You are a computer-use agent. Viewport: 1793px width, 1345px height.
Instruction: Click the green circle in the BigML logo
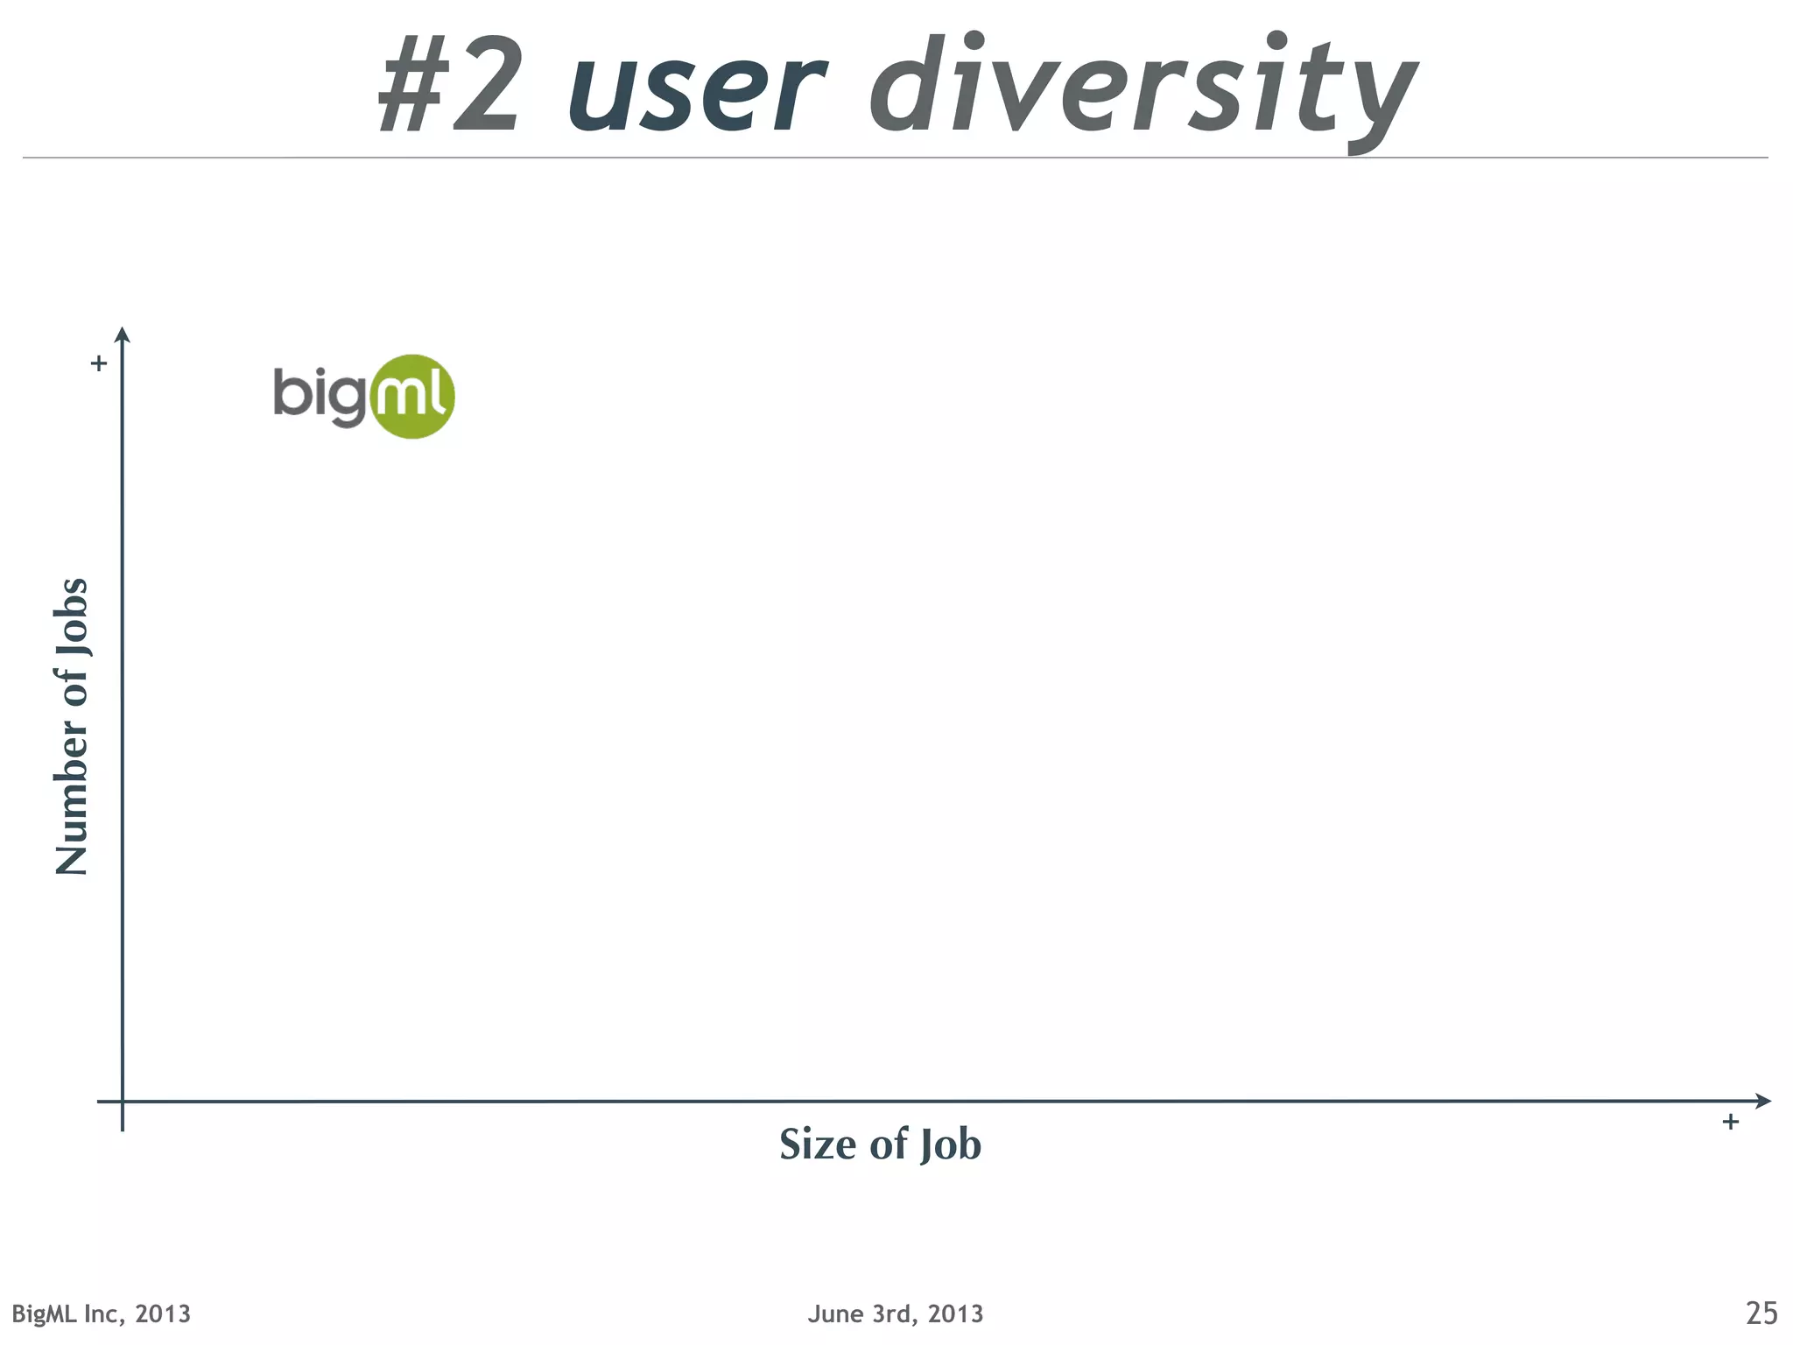point(412,397)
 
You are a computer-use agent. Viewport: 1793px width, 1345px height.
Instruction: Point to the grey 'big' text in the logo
point(319,394)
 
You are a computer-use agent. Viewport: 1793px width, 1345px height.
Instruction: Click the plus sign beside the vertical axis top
point(99,363)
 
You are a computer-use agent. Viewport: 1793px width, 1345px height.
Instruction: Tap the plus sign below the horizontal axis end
point(1730,1122)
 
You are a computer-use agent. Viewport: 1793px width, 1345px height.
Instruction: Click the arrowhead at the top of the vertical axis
point(123,334)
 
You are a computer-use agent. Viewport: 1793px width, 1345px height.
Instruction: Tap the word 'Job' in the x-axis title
point(951,1145)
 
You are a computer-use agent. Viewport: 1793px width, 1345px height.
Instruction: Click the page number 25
point(1761,1313)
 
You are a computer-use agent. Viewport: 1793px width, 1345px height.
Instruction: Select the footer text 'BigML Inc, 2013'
point(102,1314)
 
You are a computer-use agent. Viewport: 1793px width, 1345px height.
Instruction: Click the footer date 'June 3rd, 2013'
point(896,1314)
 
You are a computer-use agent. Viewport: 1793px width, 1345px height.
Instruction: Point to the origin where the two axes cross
point(123,1102)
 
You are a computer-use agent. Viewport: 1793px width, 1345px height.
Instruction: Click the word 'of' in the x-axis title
point(889,1144)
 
